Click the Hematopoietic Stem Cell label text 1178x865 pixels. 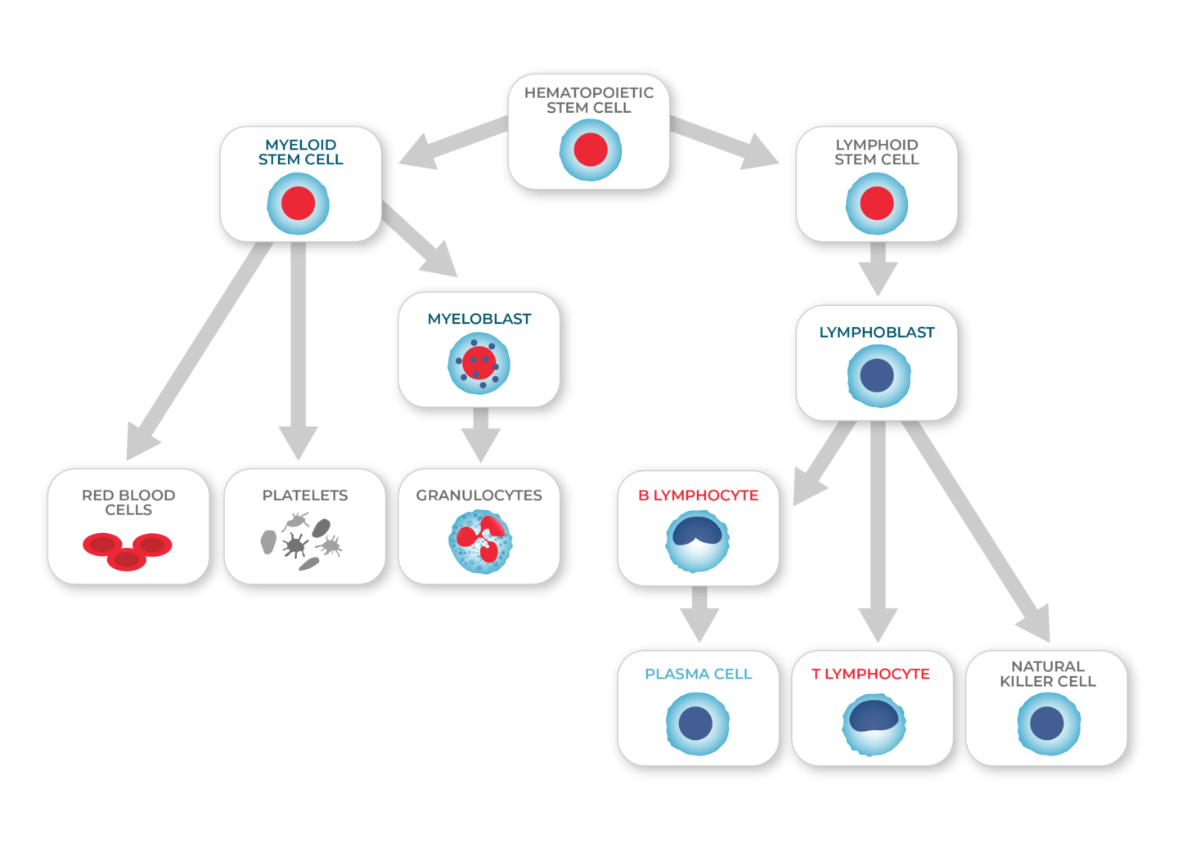coord(588,100)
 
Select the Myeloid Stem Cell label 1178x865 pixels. coord(300,152)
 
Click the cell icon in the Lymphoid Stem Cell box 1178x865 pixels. coord(876,204)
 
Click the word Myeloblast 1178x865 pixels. coord(479,319)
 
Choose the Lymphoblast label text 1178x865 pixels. coord(876,332)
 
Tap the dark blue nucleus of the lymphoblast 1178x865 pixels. coord(878,376)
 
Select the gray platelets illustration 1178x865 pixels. coord(301,540)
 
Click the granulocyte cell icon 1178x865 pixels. coord(480,541)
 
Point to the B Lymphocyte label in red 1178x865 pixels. coord(698,495)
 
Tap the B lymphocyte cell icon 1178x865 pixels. coord(697,541)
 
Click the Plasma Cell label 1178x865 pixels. coord(698,674)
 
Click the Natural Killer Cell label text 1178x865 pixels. coord(1047,674)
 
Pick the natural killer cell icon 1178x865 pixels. coord(1047,724)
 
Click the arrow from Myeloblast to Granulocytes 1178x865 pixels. coord(480,436)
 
